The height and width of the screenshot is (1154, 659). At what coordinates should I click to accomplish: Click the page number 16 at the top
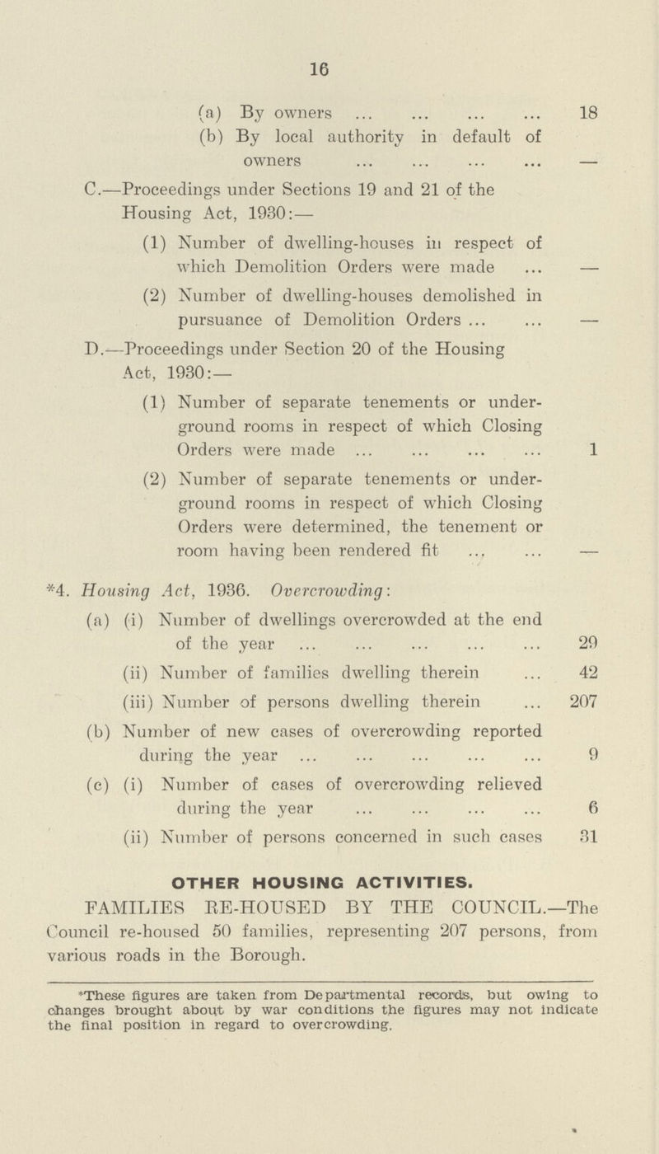[332, 73]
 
